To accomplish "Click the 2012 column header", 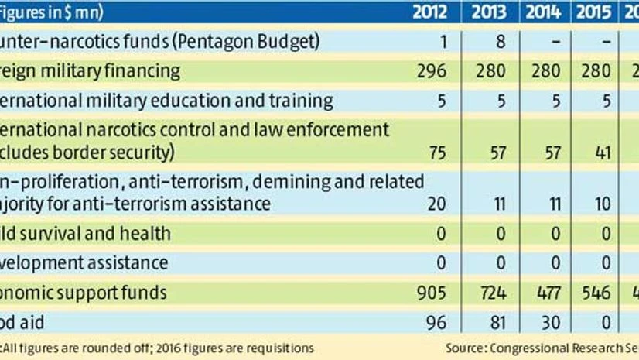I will coord(428,12).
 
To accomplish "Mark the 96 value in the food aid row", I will coord(436,321).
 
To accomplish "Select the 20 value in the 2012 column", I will coord(437,204).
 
